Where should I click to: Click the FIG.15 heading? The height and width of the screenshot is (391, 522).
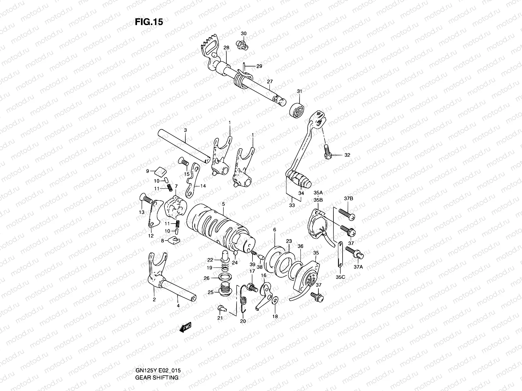(149, 22)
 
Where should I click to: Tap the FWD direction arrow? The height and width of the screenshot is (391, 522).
(185, 327)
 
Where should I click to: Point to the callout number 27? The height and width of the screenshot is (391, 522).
(270, 82)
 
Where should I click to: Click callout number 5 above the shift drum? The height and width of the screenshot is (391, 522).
(223, 204)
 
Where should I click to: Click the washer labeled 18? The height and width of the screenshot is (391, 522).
(275, 299)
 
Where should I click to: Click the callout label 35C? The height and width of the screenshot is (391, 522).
(340, 277)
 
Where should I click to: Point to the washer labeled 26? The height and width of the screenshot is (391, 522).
(224, 278)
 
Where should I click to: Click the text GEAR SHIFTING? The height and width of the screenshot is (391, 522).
(157, 378)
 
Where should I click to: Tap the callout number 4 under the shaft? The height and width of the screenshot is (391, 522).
(178, 305)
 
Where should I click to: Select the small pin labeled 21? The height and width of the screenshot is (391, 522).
(221, 307)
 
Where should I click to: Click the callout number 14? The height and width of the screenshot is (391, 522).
(203, 186)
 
